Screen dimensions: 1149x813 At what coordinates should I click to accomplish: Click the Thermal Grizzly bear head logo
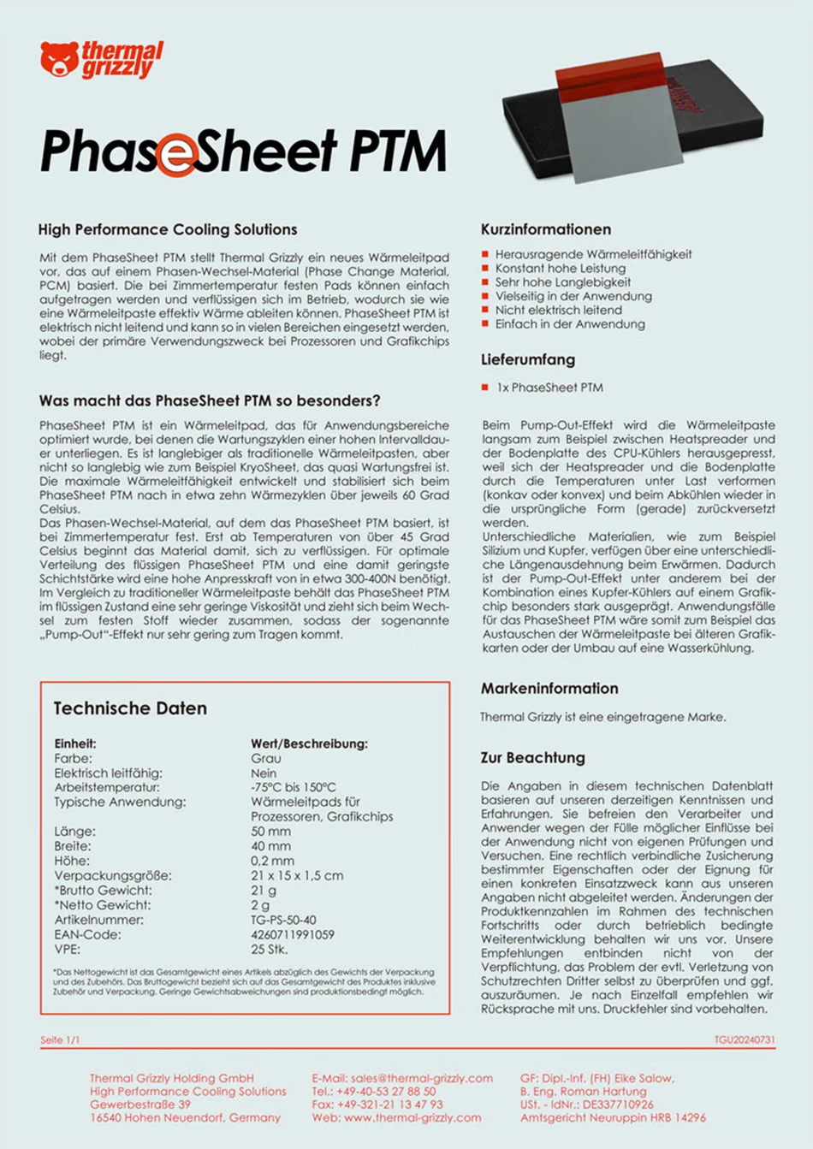pyautogui.click(x=58, y=59)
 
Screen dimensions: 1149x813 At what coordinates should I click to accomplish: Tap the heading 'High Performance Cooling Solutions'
pyautogui.click(x=168, y=229)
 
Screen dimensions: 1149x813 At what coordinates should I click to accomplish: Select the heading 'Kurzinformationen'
pyautogui.click(x=546, y=229)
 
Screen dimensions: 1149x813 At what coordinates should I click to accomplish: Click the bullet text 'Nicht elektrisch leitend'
pyautogui.click(x=558, y=310)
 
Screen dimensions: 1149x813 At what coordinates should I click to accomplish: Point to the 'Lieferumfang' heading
pyautogui.click(x=528, y=359)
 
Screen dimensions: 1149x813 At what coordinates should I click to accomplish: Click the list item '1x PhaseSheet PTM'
pyautogui.click(x=549, y=388)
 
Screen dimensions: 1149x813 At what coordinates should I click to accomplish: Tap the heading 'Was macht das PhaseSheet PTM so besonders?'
pyautogui.click(x=210, y=400)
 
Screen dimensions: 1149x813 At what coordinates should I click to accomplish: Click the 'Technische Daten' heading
pyautogui.click(x=130, y=708)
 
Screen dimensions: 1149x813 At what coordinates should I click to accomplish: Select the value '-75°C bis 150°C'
pyautogui.click(x=294, y=787)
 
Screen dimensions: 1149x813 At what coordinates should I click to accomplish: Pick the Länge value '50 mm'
pyautogui.click(x=270, y=832)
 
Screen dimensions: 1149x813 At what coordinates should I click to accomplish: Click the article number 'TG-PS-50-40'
pyautogui.click(x=283, y=920)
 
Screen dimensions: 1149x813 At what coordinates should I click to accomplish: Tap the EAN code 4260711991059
pyautogui.click(x=293, y=934)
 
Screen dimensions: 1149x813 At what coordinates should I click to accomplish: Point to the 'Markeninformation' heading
pyautogui.click(x=549, y=688)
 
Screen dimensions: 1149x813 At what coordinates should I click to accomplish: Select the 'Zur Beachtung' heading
pyautogui.click(x=533, y=757)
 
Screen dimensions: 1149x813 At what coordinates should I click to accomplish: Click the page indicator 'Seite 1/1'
pyautogui.click(x=60, y=1040)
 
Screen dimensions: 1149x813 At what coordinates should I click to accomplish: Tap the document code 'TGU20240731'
pyautogui.click(x=745, y=1040)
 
